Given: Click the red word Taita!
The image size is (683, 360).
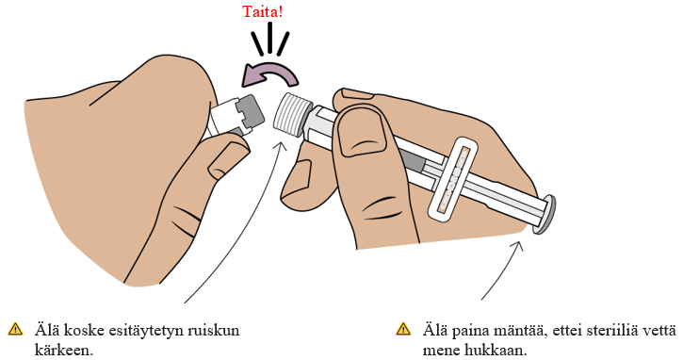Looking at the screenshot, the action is tap(262, 11).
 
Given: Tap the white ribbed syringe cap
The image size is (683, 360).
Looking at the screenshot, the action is tap(292, 114).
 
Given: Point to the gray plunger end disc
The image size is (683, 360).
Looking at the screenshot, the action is tap(546, 215).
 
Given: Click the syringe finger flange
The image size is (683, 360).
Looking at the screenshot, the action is tap(451, 178).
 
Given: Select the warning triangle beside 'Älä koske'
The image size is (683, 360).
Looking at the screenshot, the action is tap(16, 329).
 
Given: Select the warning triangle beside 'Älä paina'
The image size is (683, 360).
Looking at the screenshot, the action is tap(403, 329).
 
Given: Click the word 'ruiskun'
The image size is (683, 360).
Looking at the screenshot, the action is tap(214, 330).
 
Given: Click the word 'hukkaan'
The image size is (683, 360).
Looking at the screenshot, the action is tap(496, 350).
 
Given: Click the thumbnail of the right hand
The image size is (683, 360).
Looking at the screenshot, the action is tap(363, 136).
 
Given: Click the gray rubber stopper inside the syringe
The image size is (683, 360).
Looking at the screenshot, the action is tap(411, 162).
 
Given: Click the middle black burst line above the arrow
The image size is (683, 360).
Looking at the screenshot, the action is tap(271, 39).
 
